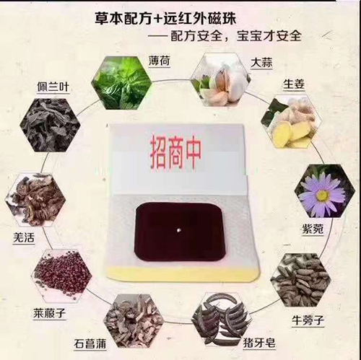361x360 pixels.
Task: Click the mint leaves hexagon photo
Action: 122,82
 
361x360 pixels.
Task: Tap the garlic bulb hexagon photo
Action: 220,79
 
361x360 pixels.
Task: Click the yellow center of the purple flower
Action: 322,196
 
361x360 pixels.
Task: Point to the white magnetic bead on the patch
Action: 178,230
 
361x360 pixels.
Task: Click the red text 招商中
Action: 175,153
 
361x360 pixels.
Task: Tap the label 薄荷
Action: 160,61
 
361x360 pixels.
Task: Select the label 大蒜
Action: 261,63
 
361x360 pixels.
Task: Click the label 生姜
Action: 294,84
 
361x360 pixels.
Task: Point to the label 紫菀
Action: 313,229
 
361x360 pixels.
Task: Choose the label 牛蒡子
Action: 308,320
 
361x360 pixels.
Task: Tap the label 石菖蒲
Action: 90,344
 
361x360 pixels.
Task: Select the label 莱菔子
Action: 49,313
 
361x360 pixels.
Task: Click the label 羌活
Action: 24,238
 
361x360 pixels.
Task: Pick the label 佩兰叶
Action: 53,87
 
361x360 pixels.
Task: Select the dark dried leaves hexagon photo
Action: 50,125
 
